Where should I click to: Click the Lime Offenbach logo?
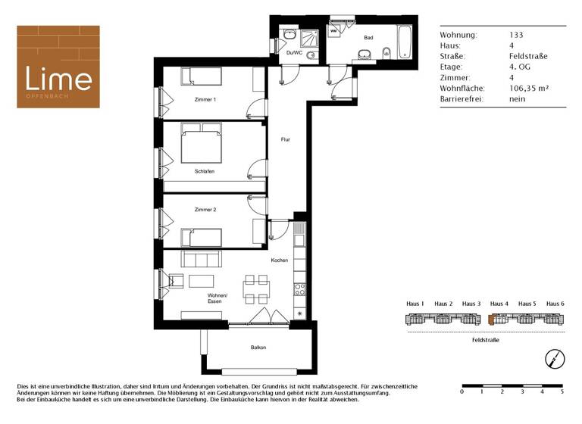pyautogui.click(x=59, y=67)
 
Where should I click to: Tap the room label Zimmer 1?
pyautogui.click(x=205, y=100)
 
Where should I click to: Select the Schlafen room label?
pyautogui.click(x=204, y=171)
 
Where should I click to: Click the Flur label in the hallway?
pyautogui.click(x=285, y=139)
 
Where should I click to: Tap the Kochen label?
pyautogui.click(x=280, y=260)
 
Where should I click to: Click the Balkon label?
pyautogui.click(x=259, y=348)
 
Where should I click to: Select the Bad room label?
pyautogui.click(x=368, y=37)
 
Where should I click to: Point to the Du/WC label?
pyautogui.click(x=294, y=52)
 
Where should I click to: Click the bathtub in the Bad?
pyautogui.click(x=404, y=45)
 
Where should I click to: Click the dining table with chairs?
pyautogui.click(x=255, y=288)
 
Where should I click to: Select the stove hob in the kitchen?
pyautogui.click(x=299, y=288)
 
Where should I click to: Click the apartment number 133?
pyautogui.click(x=517, y=35)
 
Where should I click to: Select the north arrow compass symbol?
pyautogui.click(x=555, y=357)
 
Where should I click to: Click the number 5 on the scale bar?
pyautogui.click(x=562, y=391)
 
